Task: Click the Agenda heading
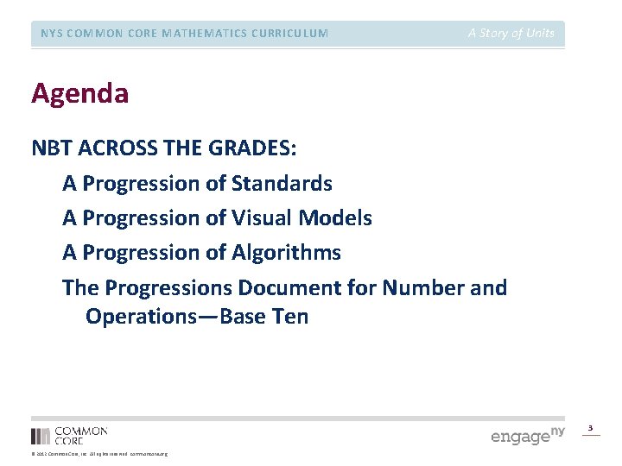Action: pyautogui.click(x=79, y=93)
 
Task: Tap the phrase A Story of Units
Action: pyautogui.click(x=511, y=34)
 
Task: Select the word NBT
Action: pyautogui.click(x=51, y=148)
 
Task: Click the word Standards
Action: pyautogui.click(x=282, y=184)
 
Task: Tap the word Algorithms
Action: pyautogui.click(x=287, y=253)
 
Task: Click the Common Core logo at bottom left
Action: pyautogui.click(x=69, y=435)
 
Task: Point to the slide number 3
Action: pyautogui.click(x=591, y=428)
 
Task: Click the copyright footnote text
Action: pyautogui.click(x=99, y=454)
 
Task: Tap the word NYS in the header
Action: pyautogui.click(x=52, y=34)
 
